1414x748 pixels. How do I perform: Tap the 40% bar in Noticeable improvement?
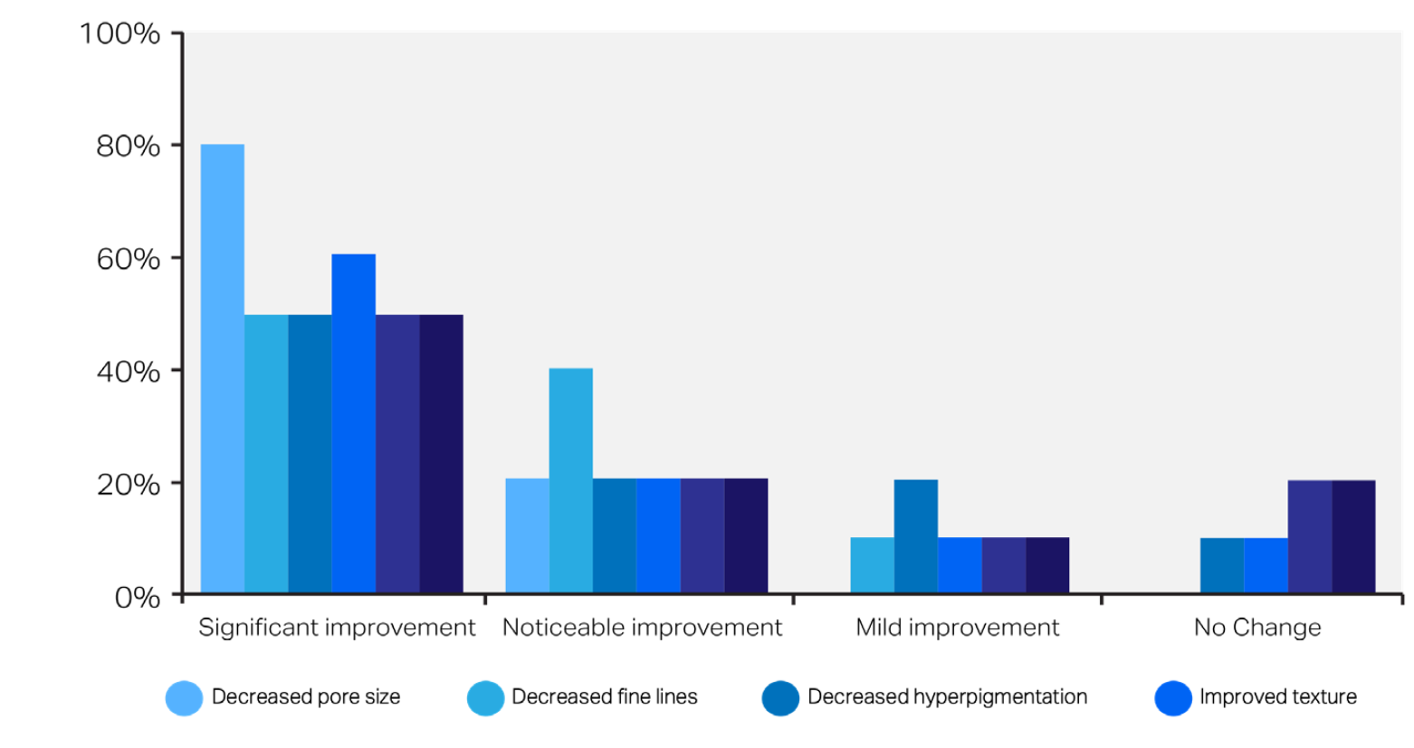(570, 481)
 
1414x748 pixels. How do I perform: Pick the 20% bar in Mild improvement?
(915, 536)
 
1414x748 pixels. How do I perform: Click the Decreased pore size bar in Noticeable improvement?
(527, 536)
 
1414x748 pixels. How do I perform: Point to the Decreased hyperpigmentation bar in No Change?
(1221, 566)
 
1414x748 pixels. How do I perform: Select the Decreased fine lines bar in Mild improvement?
(872, 565)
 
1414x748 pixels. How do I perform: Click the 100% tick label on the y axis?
(120, 34)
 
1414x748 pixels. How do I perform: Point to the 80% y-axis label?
(128, 147)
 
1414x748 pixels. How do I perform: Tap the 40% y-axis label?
(128, 371)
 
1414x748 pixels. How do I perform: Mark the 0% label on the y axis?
(137, 598)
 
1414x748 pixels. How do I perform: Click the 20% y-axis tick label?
(128, 484)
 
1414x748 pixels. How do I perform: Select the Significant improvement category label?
(336, 628)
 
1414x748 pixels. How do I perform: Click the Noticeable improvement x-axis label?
(642, 628)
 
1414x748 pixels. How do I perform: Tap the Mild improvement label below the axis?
(957, 628)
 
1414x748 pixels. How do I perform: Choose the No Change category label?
(1256, 628)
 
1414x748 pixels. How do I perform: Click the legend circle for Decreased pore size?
(184, 698)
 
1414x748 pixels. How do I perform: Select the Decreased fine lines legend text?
(604, 697)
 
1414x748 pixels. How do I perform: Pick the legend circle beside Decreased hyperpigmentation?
(780, 698)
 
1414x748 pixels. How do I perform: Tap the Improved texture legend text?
(1277, 697)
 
